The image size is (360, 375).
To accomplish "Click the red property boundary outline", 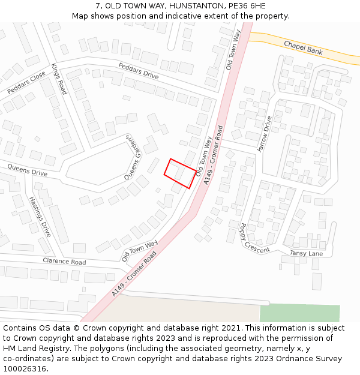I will tap(180, 174).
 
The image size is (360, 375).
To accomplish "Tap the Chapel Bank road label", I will tap(303, 48).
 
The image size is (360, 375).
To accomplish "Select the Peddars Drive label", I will tap(138, 71).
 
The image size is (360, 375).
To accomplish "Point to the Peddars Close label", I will tap(26, 82).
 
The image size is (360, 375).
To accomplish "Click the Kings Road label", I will tap(59, 79).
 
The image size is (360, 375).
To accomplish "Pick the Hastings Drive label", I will tap(40, 216).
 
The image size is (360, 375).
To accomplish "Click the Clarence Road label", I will tap(64, 262).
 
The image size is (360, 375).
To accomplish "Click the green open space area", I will tap(299, 313).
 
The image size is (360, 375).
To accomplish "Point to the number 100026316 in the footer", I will tap(25, 368).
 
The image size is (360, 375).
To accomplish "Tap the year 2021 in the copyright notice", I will tap(230, 328).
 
